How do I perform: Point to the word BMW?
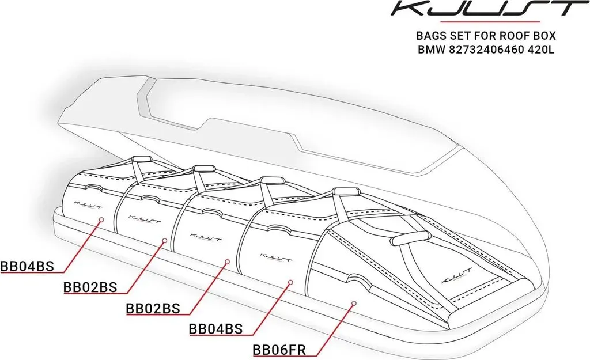431,50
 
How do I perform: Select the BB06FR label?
279,350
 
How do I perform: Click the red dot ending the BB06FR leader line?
354,302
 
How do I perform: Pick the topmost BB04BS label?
27,266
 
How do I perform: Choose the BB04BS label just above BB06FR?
215,329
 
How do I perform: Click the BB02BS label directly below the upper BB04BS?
90,287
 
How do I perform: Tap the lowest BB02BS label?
153,309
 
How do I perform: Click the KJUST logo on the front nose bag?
456,276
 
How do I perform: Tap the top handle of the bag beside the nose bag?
344,191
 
